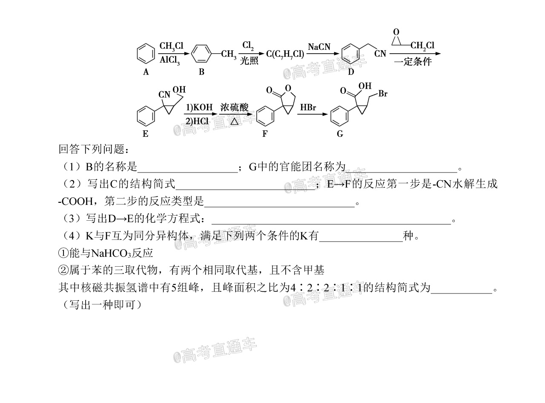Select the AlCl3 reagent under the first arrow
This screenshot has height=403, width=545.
click(169, 60)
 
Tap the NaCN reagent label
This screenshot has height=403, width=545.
click(319, 47)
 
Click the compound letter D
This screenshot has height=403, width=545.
click(351, 72)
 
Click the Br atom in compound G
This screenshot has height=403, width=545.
click(383, 93)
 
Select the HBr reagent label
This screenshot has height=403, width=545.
click(308, 107)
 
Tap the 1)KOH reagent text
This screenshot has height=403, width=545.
click(199, 107)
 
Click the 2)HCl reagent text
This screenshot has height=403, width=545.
click(197, 121)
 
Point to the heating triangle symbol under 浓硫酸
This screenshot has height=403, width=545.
click(234, 121)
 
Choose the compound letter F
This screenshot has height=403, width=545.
click(265, 134)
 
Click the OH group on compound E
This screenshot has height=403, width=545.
click(179, 89)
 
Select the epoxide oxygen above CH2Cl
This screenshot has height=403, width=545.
click(396, 32)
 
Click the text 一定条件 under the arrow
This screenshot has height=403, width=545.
click(413, 61)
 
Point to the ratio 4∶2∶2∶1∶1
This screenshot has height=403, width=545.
click(326, 288)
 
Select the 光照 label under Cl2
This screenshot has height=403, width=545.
click(249, 61)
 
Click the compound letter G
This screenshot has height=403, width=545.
click(340, 134)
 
